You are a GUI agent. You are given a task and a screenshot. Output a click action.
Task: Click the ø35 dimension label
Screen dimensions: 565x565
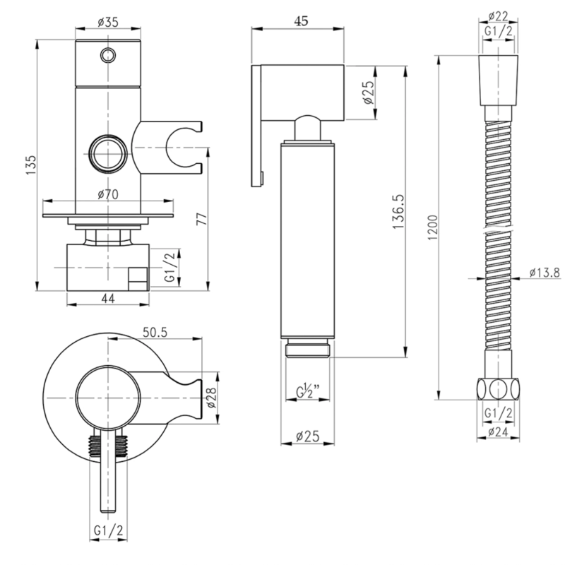(x=108, y=22)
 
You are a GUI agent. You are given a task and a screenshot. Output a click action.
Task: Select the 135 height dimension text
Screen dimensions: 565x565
(x=31, y=165)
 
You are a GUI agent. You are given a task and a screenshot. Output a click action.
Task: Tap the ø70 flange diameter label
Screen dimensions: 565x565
(x=108, y=195)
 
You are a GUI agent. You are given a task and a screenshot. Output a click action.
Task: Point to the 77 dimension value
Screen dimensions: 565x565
(x=202, y=219)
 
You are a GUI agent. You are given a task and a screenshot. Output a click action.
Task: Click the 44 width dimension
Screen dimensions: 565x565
(x=108, y=298)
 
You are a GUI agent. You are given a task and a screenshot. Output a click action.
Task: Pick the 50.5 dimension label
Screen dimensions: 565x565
(x=155, y=332)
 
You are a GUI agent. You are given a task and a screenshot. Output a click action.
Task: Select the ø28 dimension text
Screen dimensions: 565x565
(x=211, y=398)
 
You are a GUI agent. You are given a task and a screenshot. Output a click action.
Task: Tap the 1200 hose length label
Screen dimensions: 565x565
(x=432, y=227)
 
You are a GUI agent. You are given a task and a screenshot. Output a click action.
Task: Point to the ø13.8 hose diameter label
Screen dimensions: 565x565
(x=545, y=273)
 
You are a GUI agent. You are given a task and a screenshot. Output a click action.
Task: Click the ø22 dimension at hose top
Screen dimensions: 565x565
(x=498, y=16)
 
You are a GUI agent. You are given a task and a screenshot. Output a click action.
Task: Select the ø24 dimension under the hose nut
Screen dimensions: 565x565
(x=499, y=432)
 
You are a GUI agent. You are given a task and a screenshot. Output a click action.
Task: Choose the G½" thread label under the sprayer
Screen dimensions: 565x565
(x=308, y=391)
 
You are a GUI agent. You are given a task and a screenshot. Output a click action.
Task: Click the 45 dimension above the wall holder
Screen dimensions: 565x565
(x=302, y=21)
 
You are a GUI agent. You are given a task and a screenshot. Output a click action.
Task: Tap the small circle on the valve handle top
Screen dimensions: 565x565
(x=108, y=55)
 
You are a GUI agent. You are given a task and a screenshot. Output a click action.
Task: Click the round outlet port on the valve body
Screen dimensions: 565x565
(x=108, y=153)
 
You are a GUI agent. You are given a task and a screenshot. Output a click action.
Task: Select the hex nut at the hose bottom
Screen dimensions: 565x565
(x=499, y=389)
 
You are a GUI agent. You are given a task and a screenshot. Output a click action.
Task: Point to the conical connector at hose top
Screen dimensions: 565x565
(x=499, y=81)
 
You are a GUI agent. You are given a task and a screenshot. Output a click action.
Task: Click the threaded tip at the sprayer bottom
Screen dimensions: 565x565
(x=308, y=348)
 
